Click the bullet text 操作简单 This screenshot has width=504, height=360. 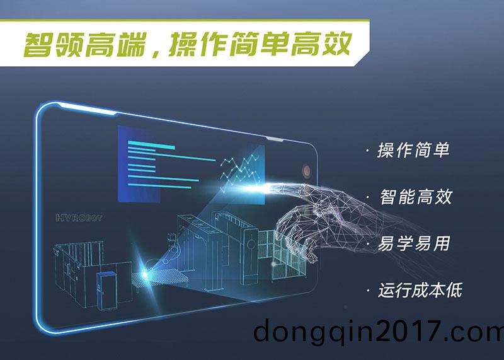tap(413, 151)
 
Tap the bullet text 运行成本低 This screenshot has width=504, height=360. tap(420, 290)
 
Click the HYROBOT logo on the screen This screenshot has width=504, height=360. tap(79, 218)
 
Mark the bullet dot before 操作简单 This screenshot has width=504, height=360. tap(367, 151)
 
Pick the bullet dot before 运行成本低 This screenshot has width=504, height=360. tap(367, 291)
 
